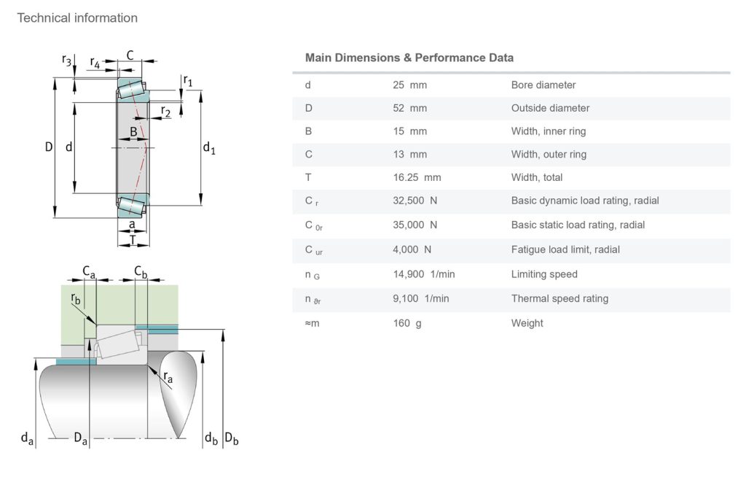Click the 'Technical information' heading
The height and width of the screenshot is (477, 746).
(77, 18)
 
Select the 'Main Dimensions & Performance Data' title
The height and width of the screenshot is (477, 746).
(409, 58)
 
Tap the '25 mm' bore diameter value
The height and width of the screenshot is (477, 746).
(409, 85)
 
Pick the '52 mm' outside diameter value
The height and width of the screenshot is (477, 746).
(409, 108)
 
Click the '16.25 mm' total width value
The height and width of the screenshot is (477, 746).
(417, 177)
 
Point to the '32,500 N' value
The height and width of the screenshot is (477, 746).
(415, 201)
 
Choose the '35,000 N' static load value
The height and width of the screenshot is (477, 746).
(415, 225)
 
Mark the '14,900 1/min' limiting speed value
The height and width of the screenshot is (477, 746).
(423, 274)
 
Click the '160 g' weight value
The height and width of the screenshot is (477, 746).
(407, 323)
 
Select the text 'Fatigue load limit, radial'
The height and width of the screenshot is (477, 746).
(565, 249)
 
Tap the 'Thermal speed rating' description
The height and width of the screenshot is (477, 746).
(559, 298)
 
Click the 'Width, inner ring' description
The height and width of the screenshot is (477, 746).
(549, 131)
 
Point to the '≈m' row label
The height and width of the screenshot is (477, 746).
(312, 323)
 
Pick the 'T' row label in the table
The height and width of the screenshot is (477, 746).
(308, 177)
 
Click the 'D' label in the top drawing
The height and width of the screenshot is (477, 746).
(49, 147)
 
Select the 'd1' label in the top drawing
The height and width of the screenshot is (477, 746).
(208, 148)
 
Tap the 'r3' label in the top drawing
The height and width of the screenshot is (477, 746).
(67, 61)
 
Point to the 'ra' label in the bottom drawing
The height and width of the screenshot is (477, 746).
(168, 377)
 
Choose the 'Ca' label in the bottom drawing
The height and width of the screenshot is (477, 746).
(89, 271)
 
